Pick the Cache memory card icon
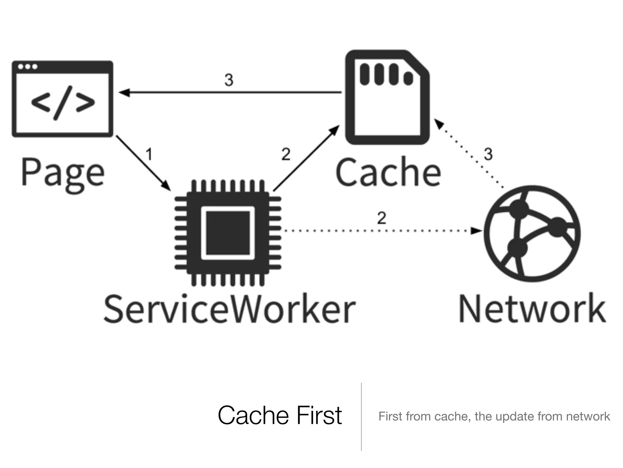[387, 97]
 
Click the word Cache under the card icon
[388, 172]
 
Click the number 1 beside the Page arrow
[149, 154]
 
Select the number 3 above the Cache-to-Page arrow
[229, 80]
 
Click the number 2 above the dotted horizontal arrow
[381, 218]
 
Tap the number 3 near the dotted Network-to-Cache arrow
[488, 154]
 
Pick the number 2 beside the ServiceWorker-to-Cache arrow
[286, 154]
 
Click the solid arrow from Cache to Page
[230, 92]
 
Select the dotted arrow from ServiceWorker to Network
[380, 231]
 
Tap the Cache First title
[280, 416]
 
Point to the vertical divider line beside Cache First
[361, 416]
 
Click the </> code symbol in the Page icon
[63, 103]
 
